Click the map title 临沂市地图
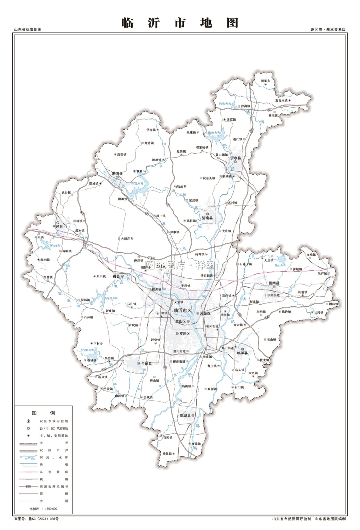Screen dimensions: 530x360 pos(180,23)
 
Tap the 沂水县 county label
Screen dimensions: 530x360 pos(235,158)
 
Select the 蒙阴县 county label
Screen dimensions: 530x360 pos(117,173)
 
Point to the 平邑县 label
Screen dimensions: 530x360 pos(57,226)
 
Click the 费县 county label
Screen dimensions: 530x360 pos(116,276)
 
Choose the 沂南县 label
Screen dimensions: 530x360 pos(207,218)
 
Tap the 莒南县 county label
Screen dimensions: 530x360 pos(274,283)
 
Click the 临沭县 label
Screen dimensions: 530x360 pos(242,353)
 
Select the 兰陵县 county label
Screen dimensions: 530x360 pos(146,364)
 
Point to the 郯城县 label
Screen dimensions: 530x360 pos(185,416)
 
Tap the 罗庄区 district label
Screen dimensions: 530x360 pos(185,333)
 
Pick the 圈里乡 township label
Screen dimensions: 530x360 pos(265,81)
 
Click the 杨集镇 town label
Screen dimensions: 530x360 pos(167,454)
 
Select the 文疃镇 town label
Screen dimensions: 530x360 pos(311,254)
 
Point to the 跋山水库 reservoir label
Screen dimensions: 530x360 pos(214,133)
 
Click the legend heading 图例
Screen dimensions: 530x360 pos(43,413)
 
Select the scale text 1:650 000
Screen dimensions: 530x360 pos(49,509)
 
